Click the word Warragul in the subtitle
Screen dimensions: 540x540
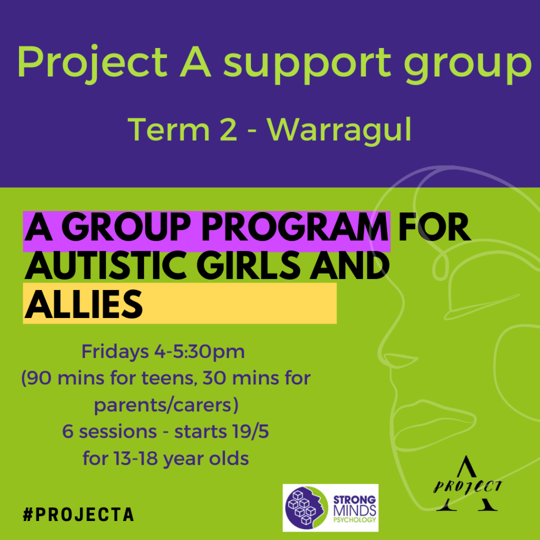pos(339,130)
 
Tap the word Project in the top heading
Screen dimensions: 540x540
pos(92,64)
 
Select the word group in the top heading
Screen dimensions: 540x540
pos(468,64)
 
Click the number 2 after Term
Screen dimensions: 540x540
pos(227,130)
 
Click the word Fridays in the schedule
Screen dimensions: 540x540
pos(115,352)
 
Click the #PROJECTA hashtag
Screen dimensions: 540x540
pos(78,515)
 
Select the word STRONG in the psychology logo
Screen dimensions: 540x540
pos(354,500)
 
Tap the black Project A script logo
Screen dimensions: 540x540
pos(467,484)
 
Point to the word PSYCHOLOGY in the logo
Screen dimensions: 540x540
pos(354,519)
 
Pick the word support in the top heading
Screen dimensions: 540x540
pos(307,64)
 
